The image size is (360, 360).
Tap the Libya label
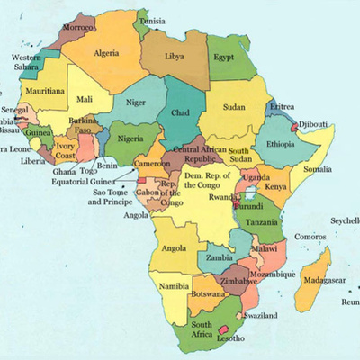coord(175,56)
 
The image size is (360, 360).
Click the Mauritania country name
coord(44,92)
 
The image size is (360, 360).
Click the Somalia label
coord(316,168)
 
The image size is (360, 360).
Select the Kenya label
coord(276,186)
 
